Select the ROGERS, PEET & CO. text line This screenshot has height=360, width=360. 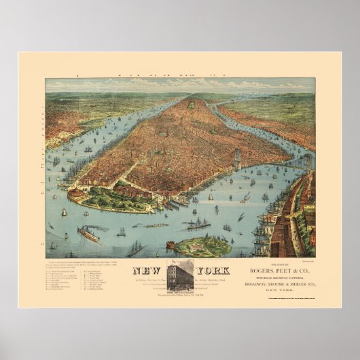tap(275, 274)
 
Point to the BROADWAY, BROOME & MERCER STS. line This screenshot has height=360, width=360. tap(275, 287)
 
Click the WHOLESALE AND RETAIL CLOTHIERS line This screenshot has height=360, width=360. tap(274, 281)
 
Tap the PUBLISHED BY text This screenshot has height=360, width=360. tap(274, 267)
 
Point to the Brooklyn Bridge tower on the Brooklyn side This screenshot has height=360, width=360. tap(307, 164)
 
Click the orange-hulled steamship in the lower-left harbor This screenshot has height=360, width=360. tap(88, 234)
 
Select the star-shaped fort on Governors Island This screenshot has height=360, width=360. tap(204, 246)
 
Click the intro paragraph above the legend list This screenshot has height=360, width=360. tap(78, 264)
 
